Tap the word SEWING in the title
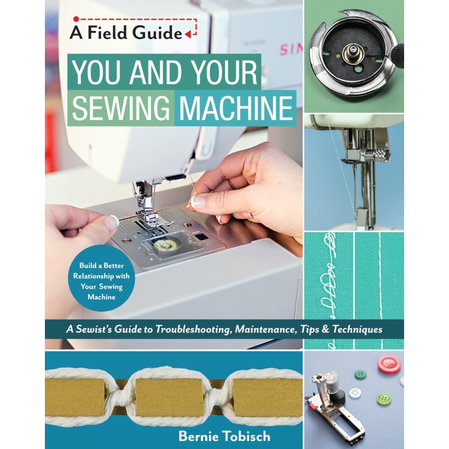coord(121,108)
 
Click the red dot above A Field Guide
coord(76,19)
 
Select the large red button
coord(388,364)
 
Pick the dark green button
coord(361,374)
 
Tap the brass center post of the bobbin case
coord(353,56)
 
